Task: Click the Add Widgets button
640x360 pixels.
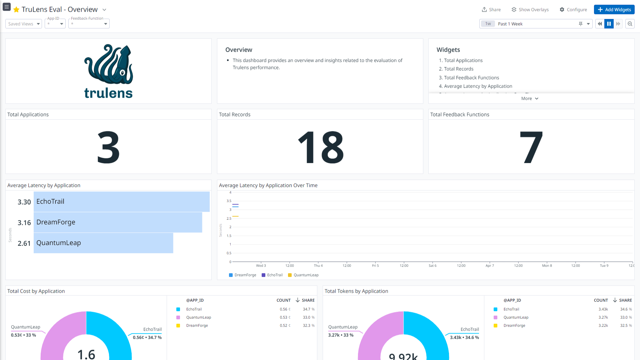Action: [x=614, y=10]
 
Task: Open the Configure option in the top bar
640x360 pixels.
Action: [x=573, y=10]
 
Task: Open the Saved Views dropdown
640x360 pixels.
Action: [x=24, y=24]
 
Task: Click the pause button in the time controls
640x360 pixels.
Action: [x=609, y=24]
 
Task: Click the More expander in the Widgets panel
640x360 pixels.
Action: [x=530, y=99]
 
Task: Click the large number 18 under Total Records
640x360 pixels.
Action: [x=320, y=147]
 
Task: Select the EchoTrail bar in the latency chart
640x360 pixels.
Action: [x=121, y=202]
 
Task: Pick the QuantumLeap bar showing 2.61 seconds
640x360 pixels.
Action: [x=103, y=243]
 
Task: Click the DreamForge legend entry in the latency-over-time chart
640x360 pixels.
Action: [x=243, y=275]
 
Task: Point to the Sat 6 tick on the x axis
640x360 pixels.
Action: [x=432, y=266]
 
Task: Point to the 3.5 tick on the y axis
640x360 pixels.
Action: [x=229, y=201]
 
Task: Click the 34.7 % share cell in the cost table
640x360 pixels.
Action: [x=308, y=309]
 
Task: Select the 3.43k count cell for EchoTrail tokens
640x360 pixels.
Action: [x=603, y=309]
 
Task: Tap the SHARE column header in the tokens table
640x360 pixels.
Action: [x=625, y=300]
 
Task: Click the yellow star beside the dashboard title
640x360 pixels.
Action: [x=16, y=10]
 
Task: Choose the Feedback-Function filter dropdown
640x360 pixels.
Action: [x=89, y=24]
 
